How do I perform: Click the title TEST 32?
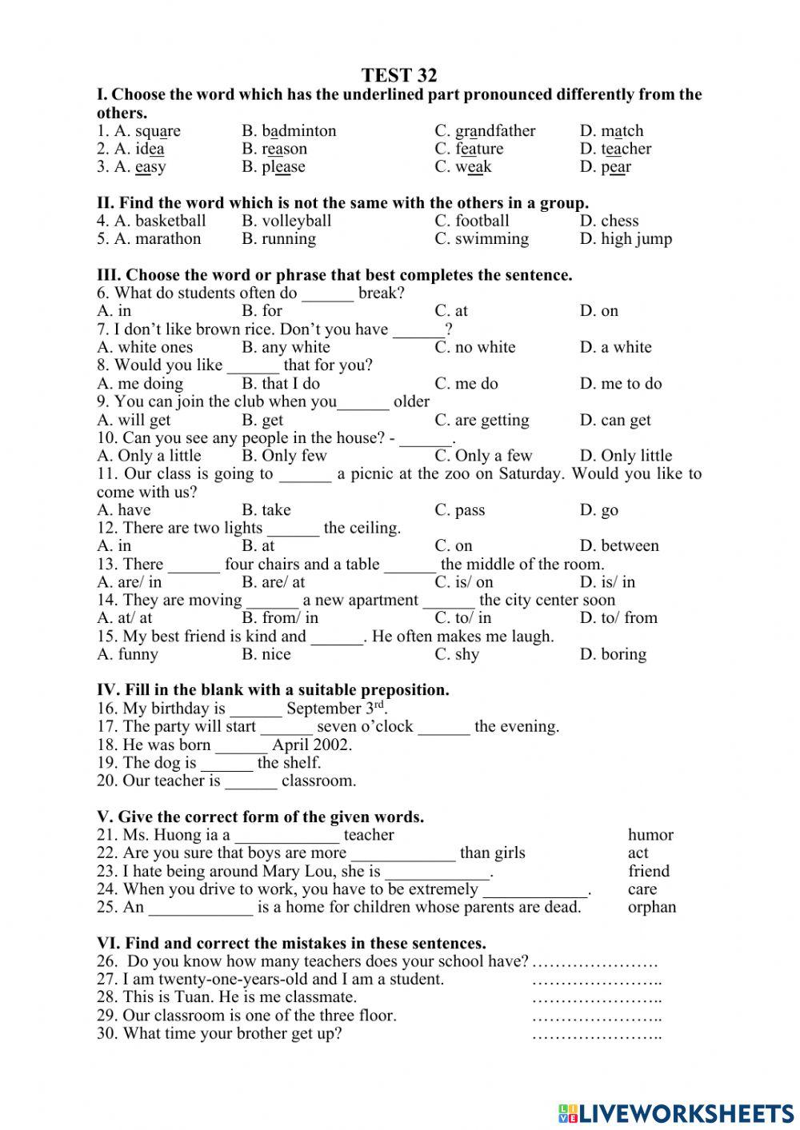point(399,76)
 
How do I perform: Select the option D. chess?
point(609,221)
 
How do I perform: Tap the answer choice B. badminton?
point(289,131)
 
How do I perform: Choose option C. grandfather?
point(485,131)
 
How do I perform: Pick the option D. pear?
point(605,167)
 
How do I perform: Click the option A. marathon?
point(149,239)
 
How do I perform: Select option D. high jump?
point(626,239)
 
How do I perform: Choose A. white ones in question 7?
point(145,347)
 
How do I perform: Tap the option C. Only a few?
point(483,456)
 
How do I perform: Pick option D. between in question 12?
point(619,546)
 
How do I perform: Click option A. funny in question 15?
point(128,654)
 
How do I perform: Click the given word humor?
point(650,835)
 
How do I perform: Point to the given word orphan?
point(652,907)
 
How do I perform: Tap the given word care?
point(642,889)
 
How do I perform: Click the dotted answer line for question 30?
point(597,1035)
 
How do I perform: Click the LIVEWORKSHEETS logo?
point(676,1112)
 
